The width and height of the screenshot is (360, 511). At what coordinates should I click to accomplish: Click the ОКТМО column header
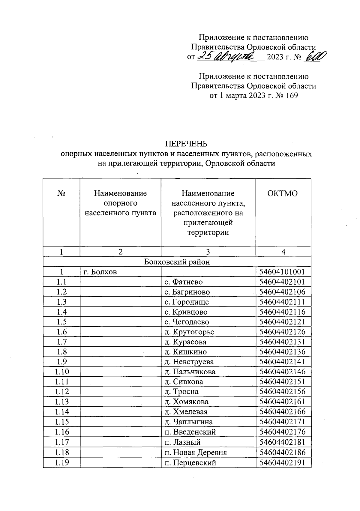pos(283,193)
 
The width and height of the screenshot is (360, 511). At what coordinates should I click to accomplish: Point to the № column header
pos(61,193)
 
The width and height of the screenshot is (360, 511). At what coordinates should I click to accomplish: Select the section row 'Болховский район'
pos(177,262)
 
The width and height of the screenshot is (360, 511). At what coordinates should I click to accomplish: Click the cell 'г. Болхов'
pos(100,272)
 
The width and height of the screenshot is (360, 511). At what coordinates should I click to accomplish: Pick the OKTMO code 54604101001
pos(282,272)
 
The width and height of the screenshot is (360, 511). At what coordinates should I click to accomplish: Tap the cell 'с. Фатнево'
pos(184,282)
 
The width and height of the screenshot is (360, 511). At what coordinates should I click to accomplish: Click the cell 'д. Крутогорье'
pos(189,332)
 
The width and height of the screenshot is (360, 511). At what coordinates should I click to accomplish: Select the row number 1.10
pos(62,372)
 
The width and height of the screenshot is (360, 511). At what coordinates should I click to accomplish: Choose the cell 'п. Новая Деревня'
pos(196,453)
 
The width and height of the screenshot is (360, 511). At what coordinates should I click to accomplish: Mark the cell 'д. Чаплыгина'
pos(189,422)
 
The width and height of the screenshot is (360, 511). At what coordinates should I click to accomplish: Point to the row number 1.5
pos(61,322)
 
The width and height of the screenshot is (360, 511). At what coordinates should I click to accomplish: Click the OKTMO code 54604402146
pos(282,372)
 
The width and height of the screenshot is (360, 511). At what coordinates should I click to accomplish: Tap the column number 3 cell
pos(208,252)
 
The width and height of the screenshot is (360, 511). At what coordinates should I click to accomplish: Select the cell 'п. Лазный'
pos(182,442)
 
